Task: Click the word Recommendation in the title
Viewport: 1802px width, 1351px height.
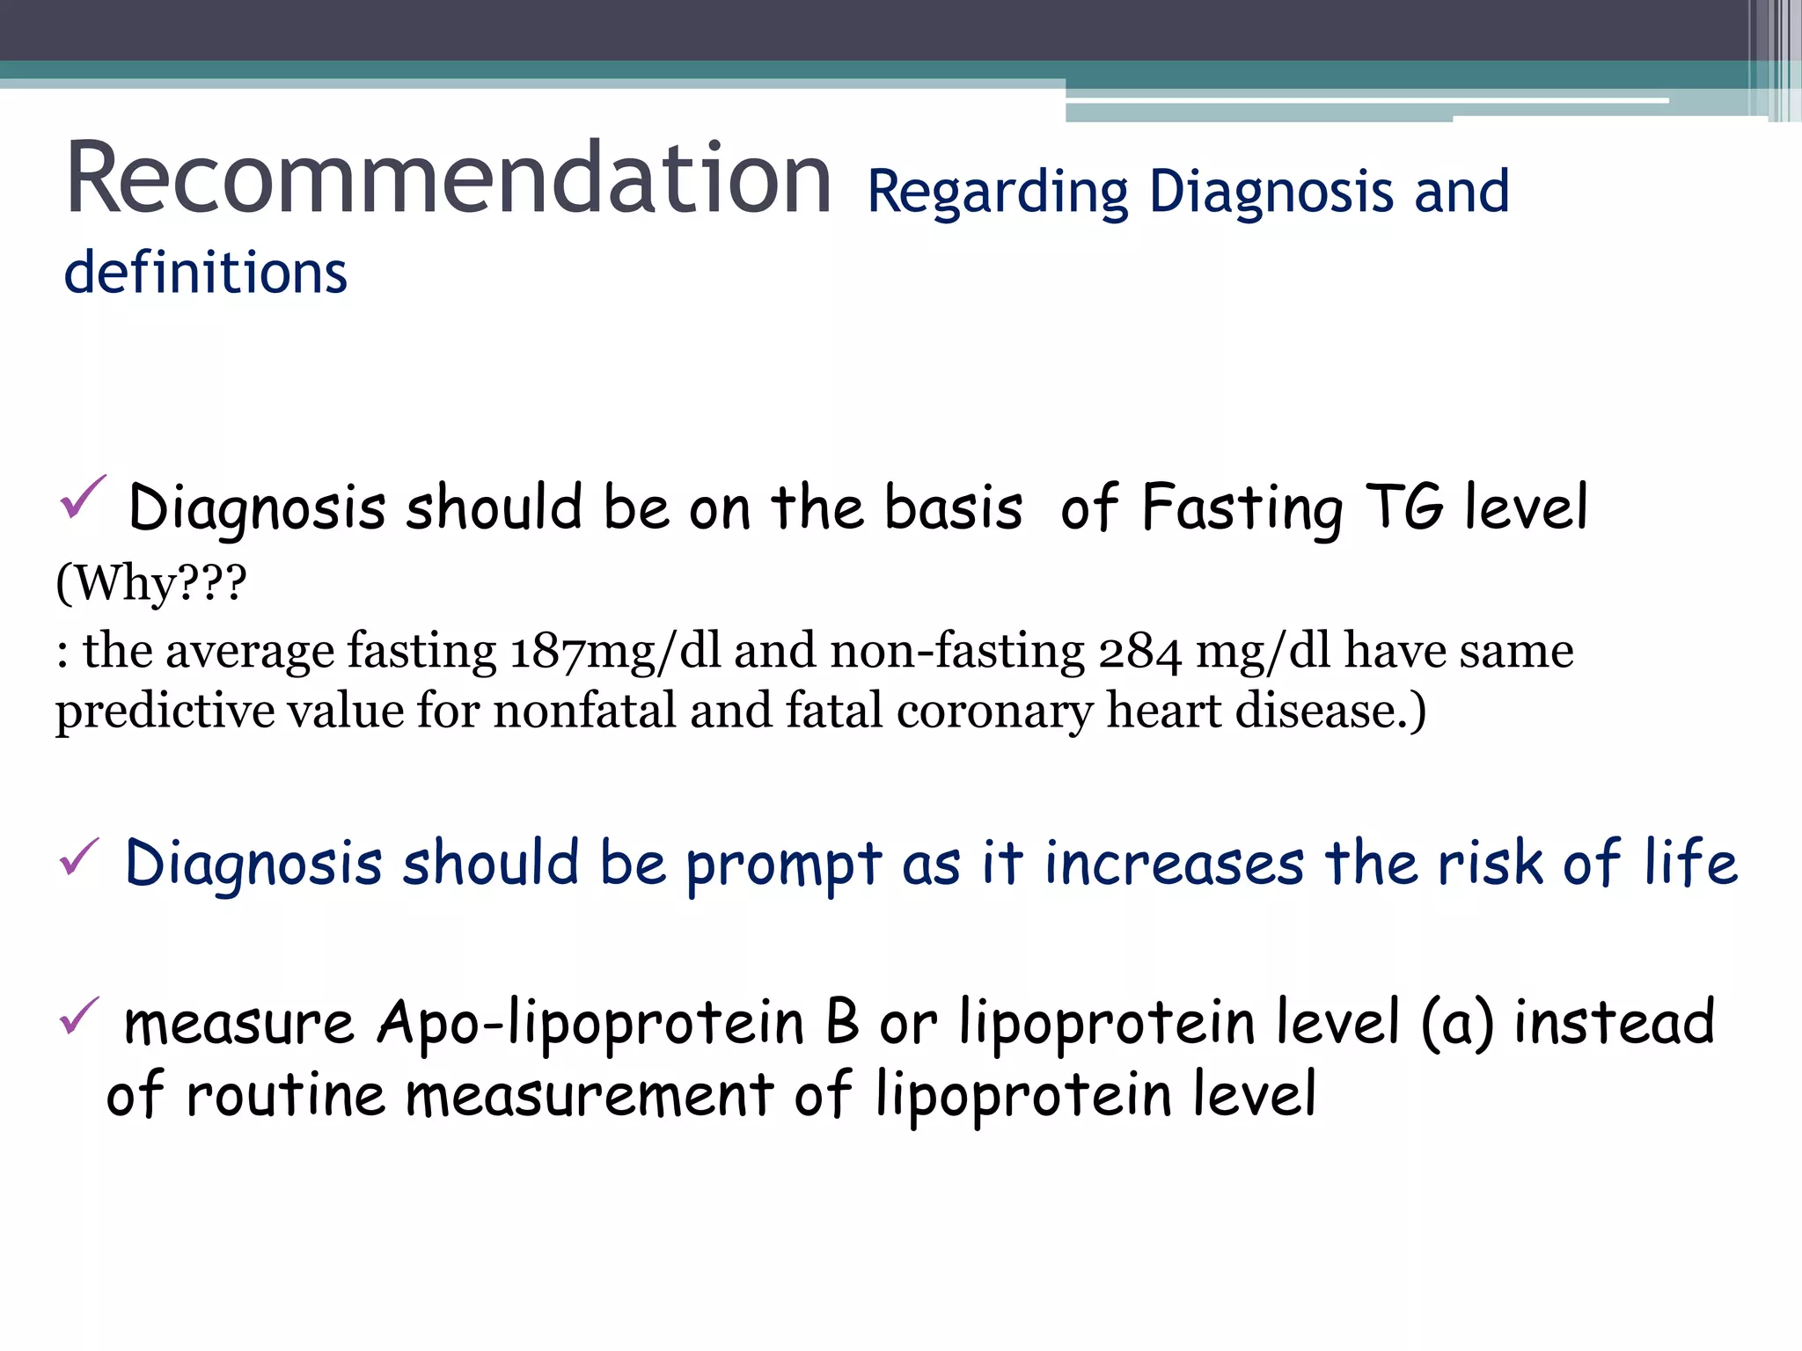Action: click(449, 179)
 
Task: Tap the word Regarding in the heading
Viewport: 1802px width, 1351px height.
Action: click(998, 193)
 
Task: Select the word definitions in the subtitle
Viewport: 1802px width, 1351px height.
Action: click(206, 273)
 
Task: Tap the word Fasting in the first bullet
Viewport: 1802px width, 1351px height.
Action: click(1242, 508)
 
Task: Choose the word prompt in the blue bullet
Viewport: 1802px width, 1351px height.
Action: click(783, 865)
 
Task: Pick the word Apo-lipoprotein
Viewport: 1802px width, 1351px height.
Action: click(590, 1024)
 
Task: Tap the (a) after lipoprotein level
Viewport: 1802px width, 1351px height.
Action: click(1457, 1024)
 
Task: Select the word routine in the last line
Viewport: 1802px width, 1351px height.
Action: click(286, 1096)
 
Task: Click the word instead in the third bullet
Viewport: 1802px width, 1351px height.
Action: click(1614, 1022)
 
